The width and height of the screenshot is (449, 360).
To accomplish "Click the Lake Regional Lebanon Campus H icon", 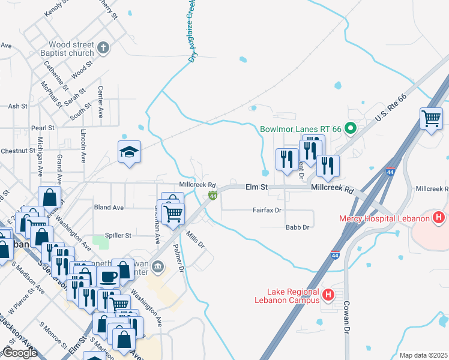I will coord(328,295).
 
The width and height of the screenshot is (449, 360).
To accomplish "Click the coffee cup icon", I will coord(108,277).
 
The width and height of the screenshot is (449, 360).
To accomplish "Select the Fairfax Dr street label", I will coord(267,211).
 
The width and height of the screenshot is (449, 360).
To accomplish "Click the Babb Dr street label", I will coord(297,227).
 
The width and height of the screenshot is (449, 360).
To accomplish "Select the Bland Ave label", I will coord(109,207).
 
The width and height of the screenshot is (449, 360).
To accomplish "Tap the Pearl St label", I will coord(43,128).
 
